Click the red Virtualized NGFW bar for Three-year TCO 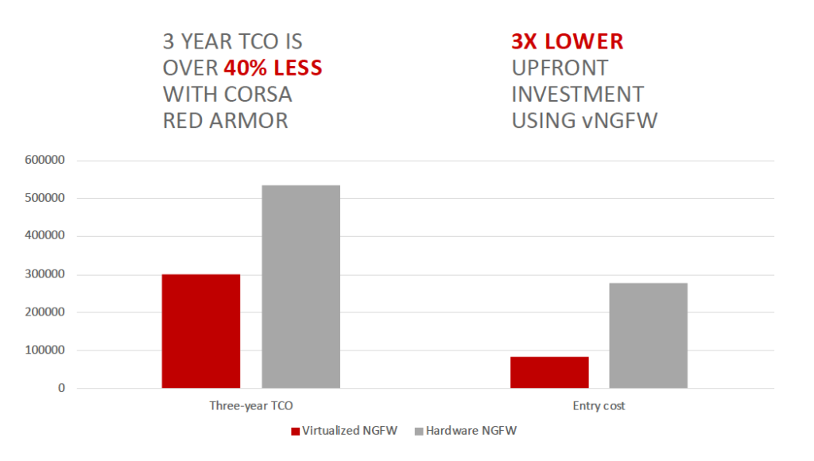click(201, 331)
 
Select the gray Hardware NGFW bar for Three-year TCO click(301, 287)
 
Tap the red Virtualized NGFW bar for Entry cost click(549, 372)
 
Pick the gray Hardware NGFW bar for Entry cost click(649, 335)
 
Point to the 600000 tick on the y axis click(45, 160)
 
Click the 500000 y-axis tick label click(45, 198)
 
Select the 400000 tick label click(45, 236)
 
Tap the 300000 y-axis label click(45, 274)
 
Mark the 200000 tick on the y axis click(45, 312)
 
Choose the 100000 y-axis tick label click(45, 350)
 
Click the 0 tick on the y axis click(62, 388)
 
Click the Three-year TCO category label click(251, 406)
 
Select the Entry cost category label click(599, 406)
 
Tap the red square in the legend click(296, 432)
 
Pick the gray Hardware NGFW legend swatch click(419, 432)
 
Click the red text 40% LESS click(273, 68)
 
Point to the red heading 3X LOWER click(568, 41)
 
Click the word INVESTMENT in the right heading click(578, 95)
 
